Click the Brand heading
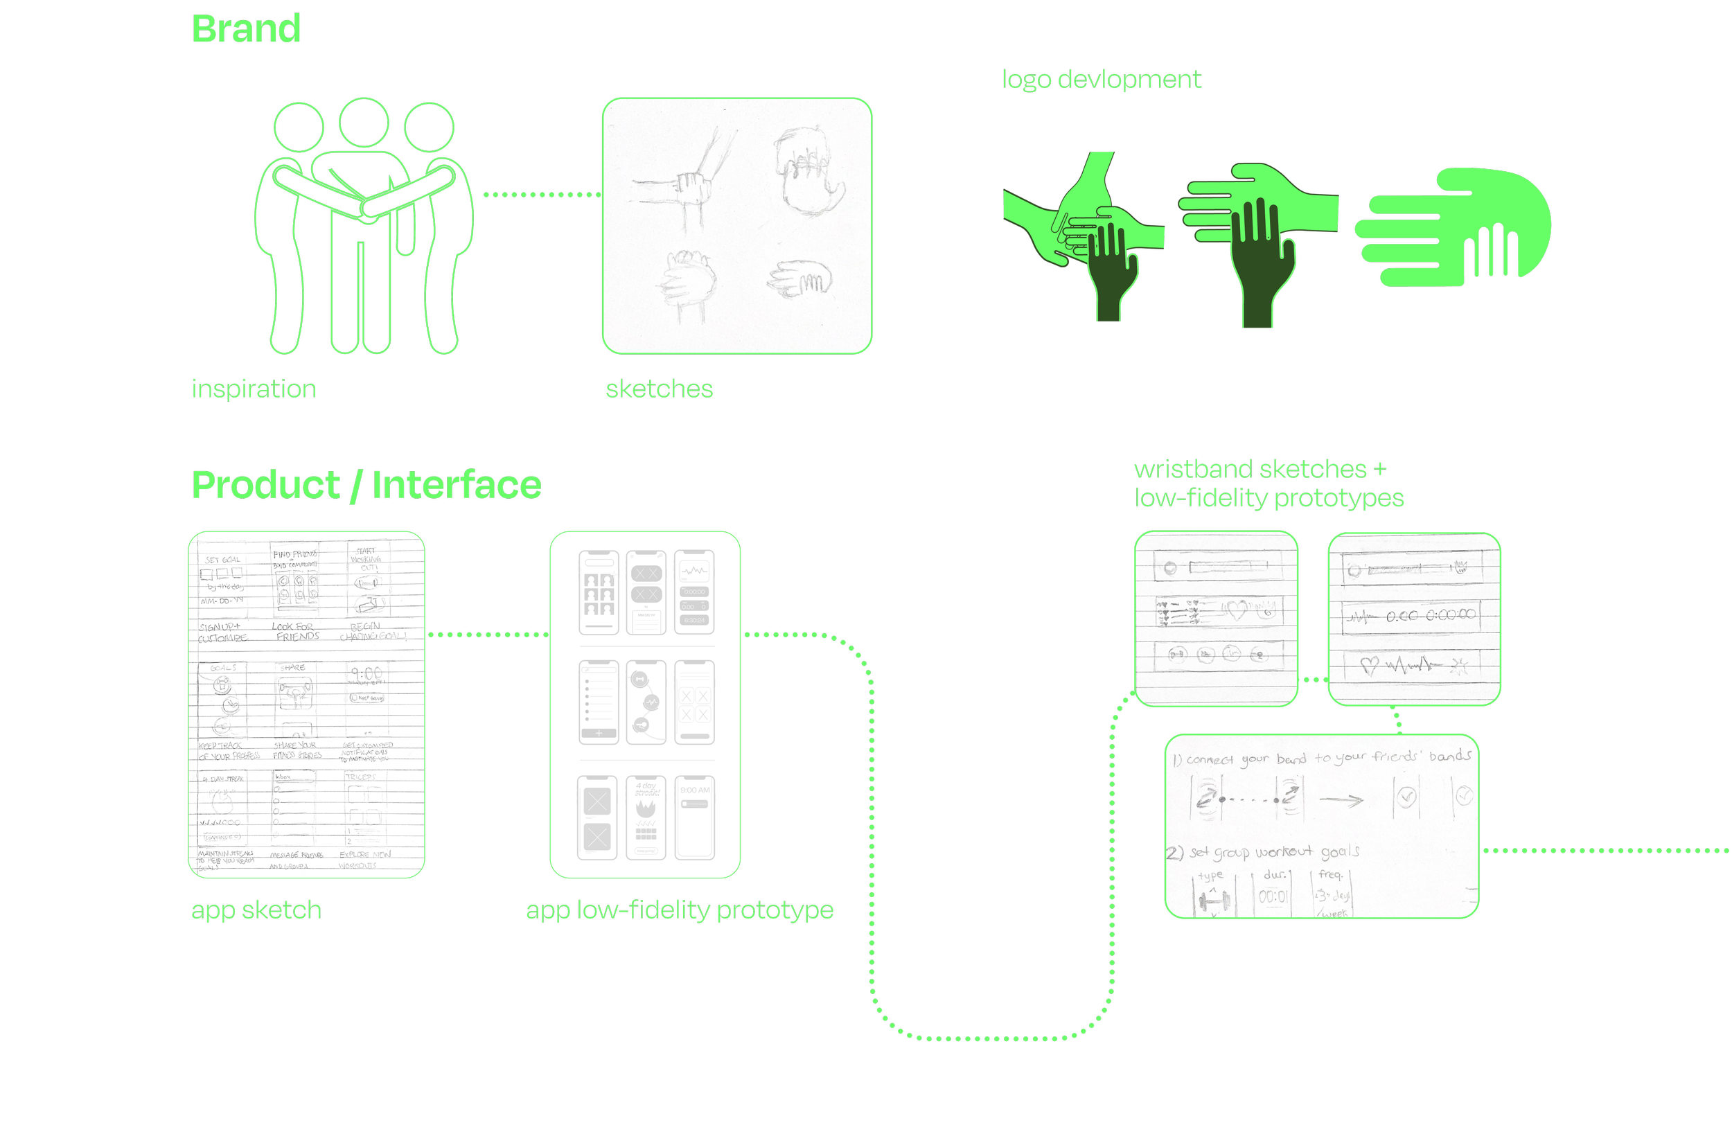click(x=246, y=29)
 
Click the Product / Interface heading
click(x=366, y=485)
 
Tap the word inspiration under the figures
click(x=254, y=389)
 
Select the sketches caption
click(x=659, y=389)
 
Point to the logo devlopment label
click(x=1101, y=79)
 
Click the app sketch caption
click(x=256, y=910)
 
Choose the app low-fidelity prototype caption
click(x=680, y=910)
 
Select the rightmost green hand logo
click(x=1454, y=226)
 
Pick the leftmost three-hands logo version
click(x=1084, y=233)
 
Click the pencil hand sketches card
click(x=737, y=226)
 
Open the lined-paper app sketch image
click(x=306, y=705)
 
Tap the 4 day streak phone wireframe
click(x=646, y=817)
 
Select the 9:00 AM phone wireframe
click(x=695, y=817)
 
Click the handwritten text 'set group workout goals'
click(x=1273, y=851)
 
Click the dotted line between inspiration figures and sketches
click(x=542, y=195)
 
